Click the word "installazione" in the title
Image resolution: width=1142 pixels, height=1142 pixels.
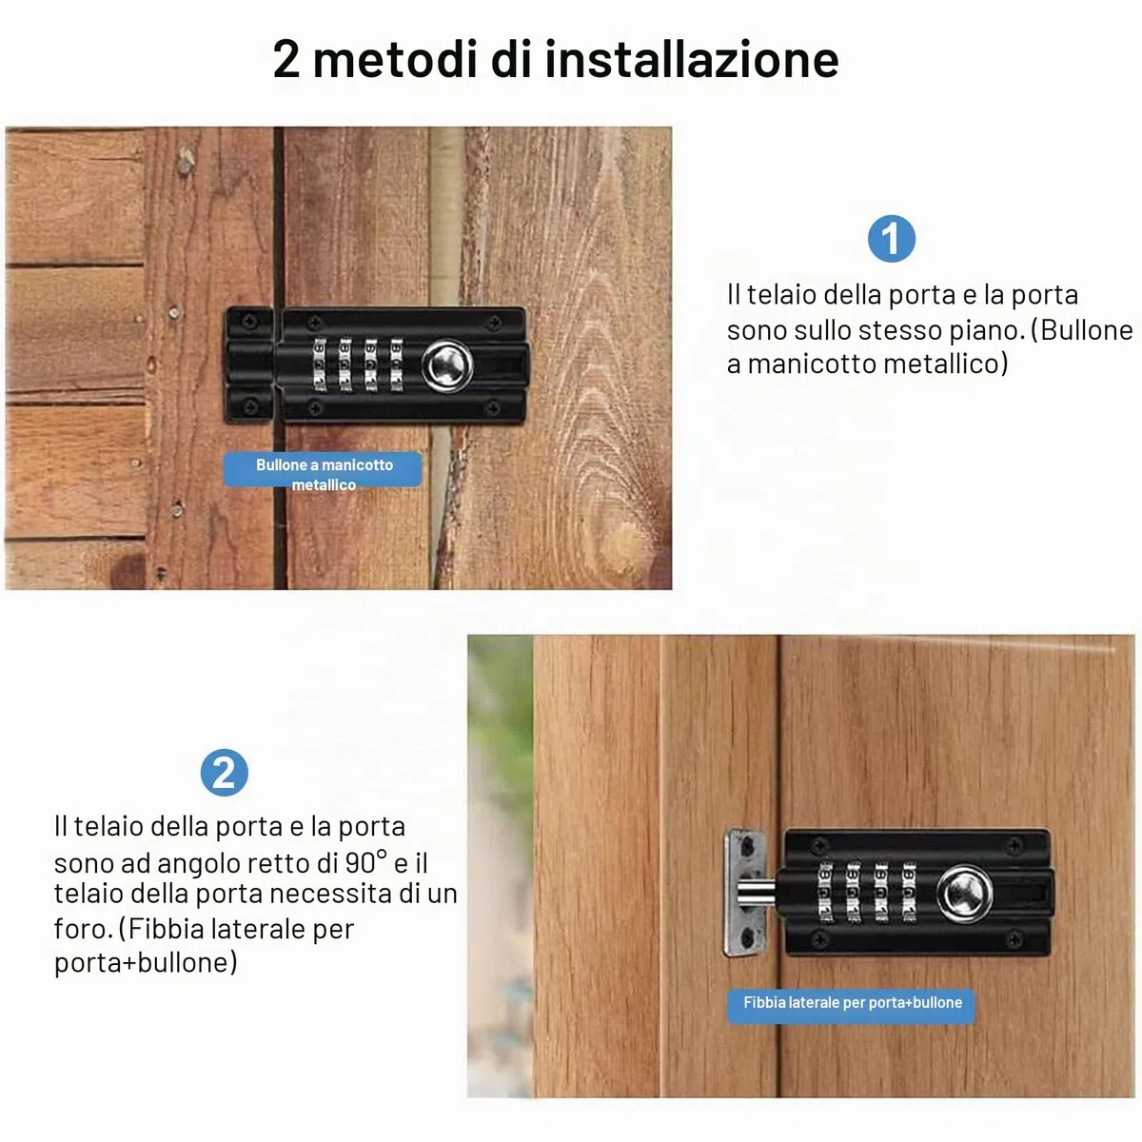click(691, 59)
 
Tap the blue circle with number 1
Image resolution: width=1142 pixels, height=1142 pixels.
click(891, 239)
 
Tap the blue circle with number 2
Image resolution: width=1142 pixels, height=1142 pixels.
click(224, 773)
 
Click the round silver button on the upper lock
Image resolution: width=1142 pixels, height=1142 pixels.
click(447, 365)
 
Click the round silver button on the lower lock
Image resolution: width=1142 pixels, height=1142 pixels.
click(964, 895)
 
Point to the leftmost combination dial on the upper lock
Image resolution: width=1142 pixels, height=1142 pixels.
click(320, 364)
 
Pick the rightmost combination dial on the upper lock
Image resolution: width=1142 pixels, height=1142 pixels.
click(396, 364)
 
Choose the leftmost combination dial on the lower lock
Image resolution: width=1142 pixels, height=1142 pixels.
click(825, 892)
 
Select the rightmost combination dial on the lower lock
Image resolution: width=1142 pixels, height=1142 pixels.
click(909, 892)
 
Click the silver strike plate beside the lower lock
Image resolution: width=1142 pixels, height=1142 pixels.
click(744, 893)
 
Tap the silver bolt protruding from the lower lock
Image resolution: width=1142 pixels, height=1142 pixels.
click(756, 893)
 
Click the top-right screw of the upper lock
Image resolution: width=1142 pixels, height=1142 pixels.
click(494, 323)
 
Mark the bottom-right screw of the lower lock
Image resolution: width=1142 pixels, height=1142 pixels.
click(1014, 939)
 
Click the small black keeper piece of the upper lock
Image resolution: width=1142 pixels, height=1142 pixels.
click(249, 364)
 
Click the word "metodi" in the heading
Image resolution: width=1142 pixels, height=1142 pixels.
click(395, 59)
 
